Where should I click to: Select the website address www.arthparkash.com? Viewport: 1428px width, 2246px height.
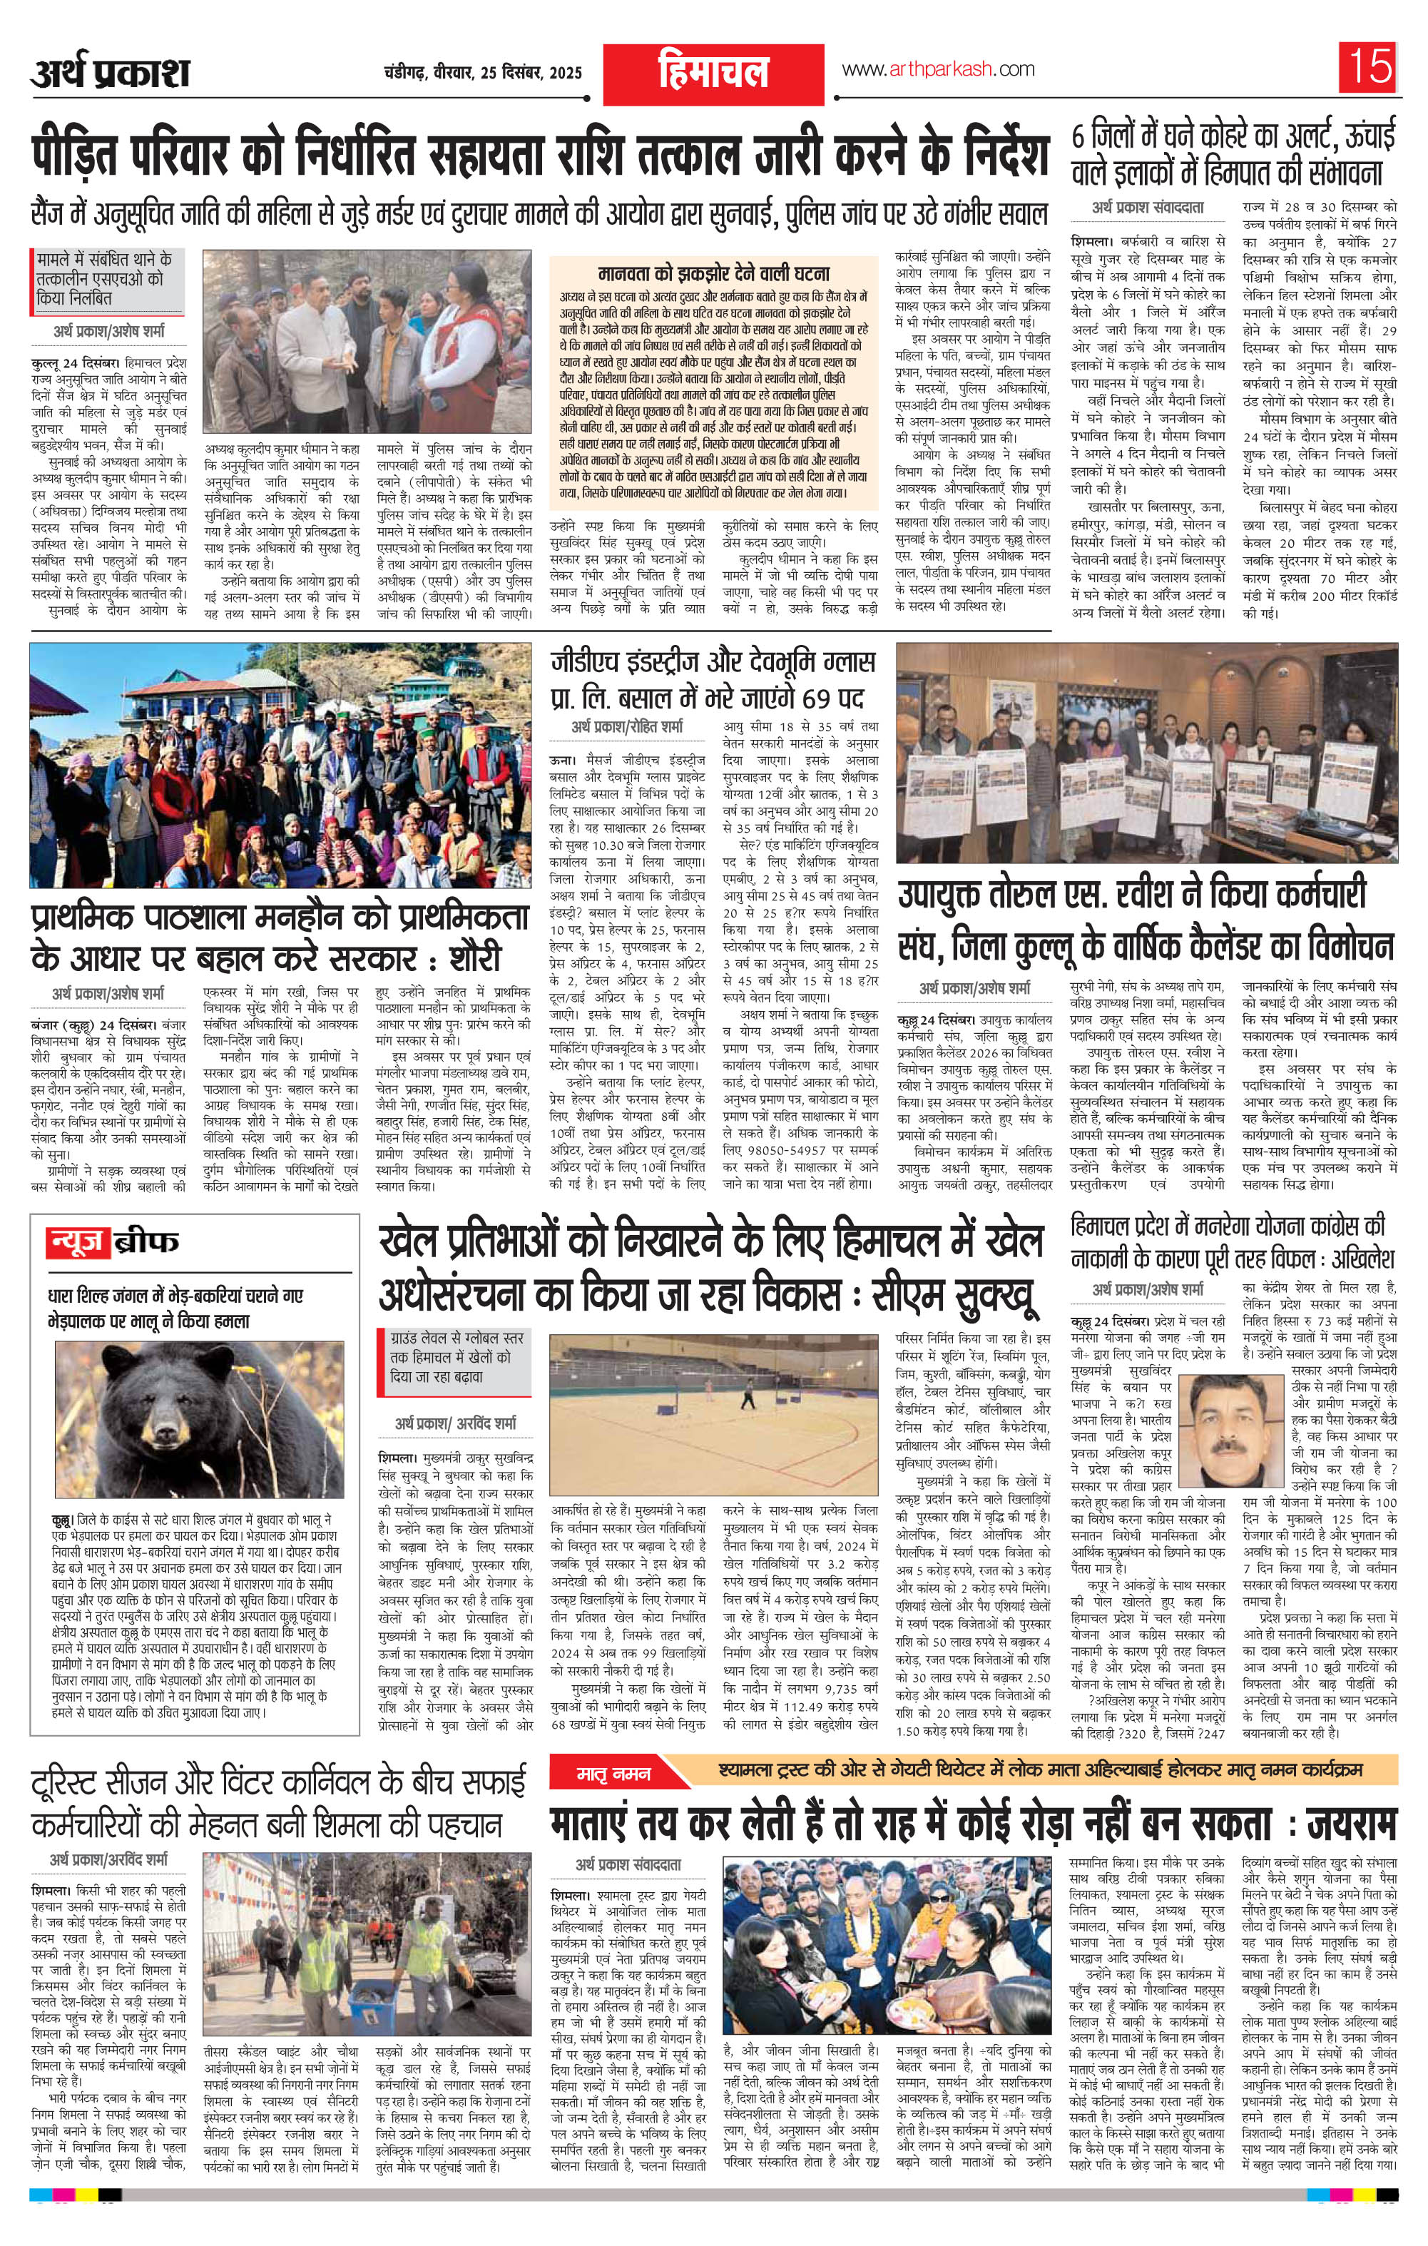(938, 69)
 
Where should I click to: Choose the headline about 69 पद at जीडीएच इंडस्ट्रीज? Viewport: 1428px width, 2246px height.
(713, 679)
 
